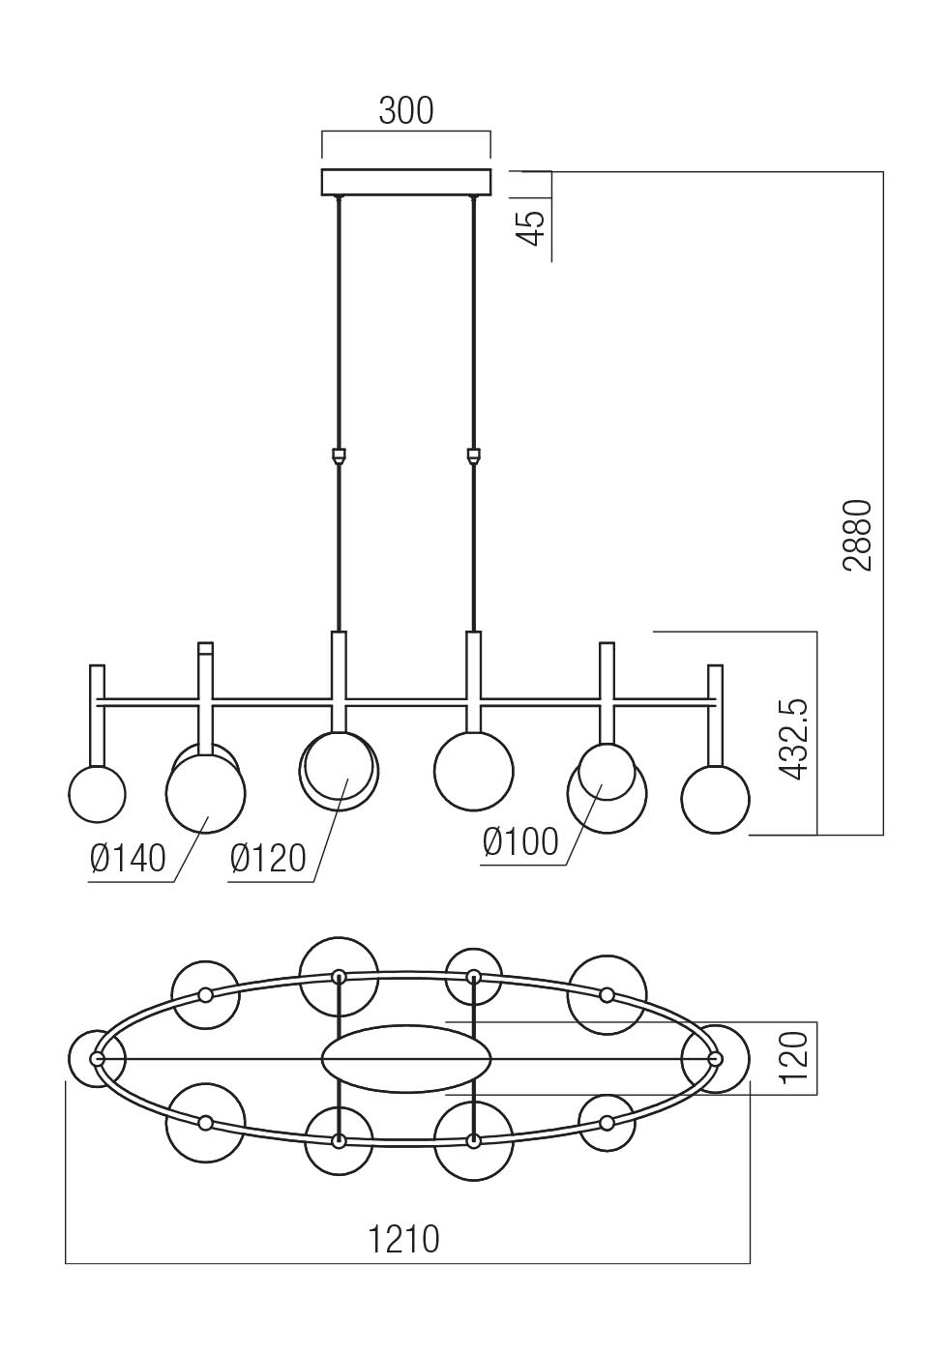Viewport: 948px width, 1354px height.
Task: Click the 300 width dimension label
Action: pos(405,111)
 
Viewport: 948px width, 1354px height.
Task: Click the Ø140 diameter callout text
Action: pos(128,857)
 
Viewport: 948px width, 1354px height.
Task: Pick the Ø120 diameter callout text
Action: pos(268,857)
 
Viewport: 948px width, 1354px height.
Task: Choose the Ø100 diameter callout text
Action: pos(520,841)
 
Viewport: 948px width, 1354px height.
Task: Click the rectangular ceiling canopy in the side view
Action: pos(406,182)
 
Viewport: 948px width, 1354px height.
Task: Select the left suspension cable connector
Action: pos(338,455)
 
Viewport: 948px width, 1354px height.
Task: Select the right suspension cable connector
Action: pos(473,455)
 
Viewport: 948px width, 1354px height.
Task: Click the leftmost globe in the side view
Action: pos(97,794)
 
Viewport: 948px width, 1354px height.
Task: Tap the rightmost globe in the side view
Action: pos(715,799)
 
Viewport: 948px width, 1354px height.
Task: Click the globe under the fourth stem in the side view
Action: pos(473,770)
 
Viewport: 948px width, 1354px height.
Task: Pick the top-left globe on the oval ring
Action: pos(205,995)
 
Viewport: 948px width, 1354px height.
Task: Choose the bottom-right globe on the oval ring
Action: pos(607,1123)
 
